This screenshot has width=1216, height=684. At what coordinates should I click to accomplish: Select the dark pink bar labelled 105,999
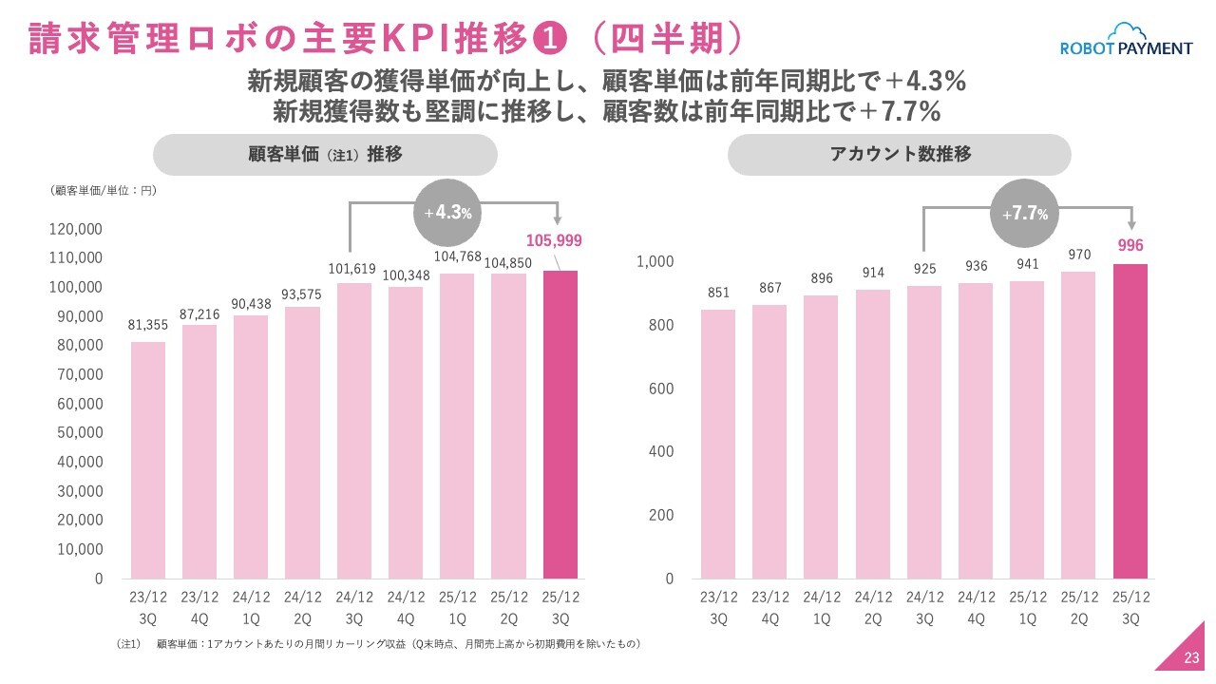pyautogui.click(x=560, y=425)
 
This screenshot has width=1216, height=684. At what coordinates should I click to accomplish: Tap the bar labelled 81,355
pyautogui.click(x=148, y=460)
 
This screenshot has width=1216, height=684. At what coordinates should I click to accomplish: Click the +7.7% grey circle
pyautogui.click(x=1025, y=214)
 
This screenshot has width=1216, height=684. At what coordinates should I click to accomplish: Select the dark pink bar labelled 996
pyautogui.click(x=1130, y=421)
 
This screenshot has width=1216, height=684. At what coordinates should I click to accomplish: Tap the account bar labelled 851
pyautogui.click(x=718, y=444)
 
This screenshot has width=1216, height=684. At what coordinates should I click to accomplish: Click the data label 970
pyautogui.click(x=1078, y=256)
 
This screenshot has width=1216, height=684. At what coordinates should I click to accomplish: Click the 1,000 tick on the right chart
pyautogui.click(x=655, y=262)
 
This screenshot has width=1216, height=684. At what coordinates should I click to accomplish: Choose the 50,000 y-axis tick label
pyautogui.click(x=81, y=432)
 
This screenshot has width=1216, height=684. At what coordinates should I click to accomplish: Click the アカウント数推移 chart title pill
pyautogui.click(x=899, y=154)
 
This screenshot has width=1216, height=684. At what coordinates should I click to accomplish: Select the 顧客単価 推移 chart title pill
pyautogui.click(x=325, y=154)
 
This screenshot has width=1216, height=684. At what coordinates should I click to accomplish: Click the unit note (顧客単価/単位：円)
pyautogui.click(x=103, y=191)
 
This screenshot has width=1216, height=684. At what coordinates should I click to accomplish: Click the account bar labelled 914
pyautogui.click(x=873, y=434)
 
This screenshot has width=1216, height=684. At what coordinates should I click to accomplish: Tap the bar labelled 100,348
pyautogui.click(x=406, y=432)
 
